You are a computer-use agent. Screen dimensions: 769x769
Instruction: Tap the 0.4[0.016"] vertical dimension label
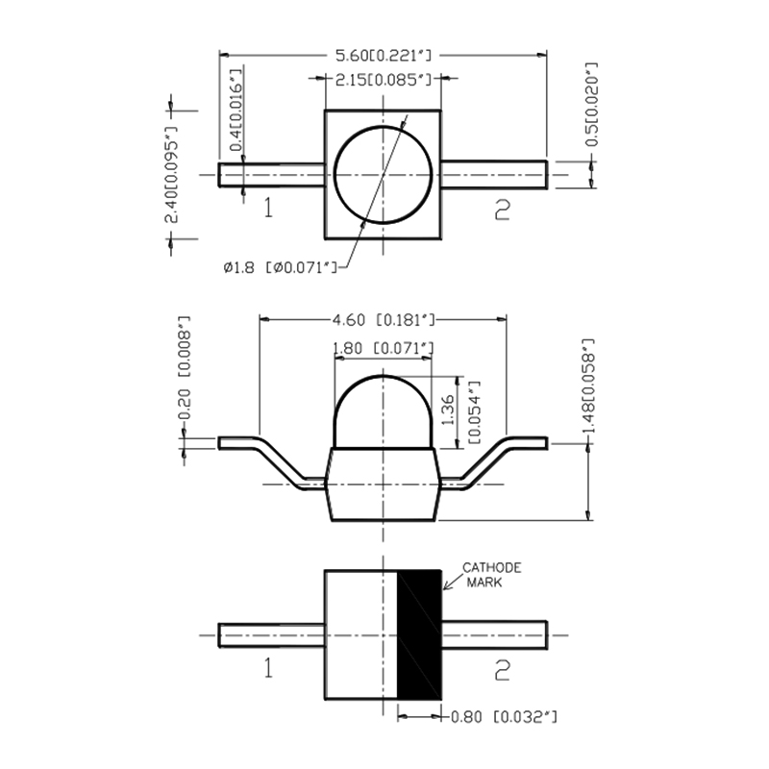pos(236,110)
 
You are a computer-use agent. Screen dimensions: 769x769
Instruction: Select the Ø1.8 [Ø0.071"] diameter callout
pos(280,267)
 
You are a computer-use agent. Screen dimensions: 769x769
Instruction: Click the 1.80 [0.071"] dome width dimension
pos(383,348)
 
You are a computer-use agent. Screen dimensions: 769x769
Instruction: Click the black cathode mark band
pos(420,634)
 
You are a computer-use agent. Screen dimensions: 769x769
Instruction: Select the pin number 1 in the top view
pos(267,208)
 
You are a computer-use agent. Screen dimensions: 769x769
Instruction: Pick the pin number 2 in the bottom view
pos(501,670)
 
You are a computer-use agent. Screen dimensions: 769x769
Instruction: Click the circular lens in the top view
pos(383,175)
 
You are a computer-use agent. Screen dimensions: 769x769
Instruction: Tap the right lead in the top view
pos(494,174)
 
